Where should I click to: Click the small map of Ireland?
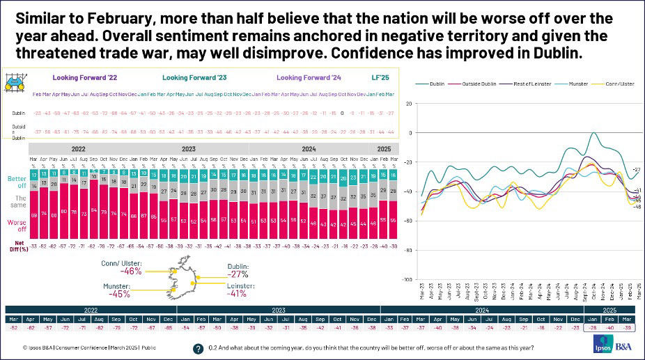(180, 281)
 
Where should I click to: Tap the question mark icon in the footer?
(199, 347)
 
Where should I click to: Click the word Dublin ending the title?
(556, 54)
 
